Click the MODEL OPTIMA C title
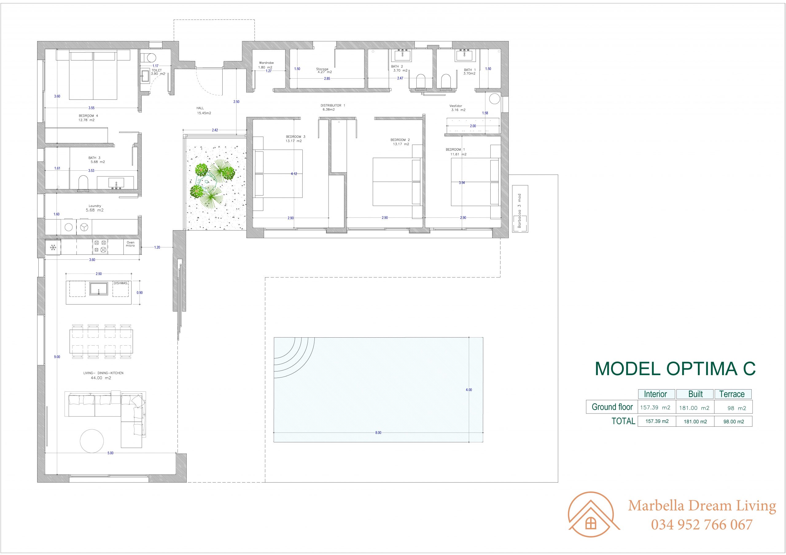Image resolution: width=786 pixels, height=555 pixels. pos(675,369)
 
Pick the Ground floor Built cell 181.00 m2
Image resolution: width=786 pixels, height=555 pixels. pos(695,408)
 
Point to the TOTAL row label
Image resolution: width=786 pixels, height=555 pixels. pos(623,421)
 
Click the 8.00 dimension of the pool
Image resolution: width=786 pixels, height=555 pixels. pos(378,433)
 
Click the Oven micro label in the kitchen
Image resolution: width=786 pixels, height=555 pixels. pos(130,244)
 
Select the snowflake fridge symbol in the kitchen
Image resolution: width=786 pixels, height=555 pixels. pos(53,247)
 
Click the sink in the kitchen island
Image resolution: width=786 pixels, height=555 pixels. pos(99,289)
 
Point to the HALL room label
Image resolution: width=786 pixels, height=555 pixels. pos(200,108)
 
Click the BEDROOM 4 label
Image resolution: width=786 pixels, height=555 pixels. pos(88,116)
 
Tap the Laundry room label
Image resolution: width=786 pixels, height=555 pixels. pos(95,206)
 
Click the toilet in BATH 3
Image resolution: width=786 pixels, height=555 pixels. pos(83,182)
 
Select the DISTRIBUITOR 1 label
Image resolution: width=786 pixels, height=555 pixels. pos(333,105)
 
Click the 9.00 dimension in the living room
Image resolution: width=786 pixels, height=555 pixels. pos(57,357)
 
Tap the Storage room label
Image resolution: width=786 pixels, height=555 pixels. pos(322,69)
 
